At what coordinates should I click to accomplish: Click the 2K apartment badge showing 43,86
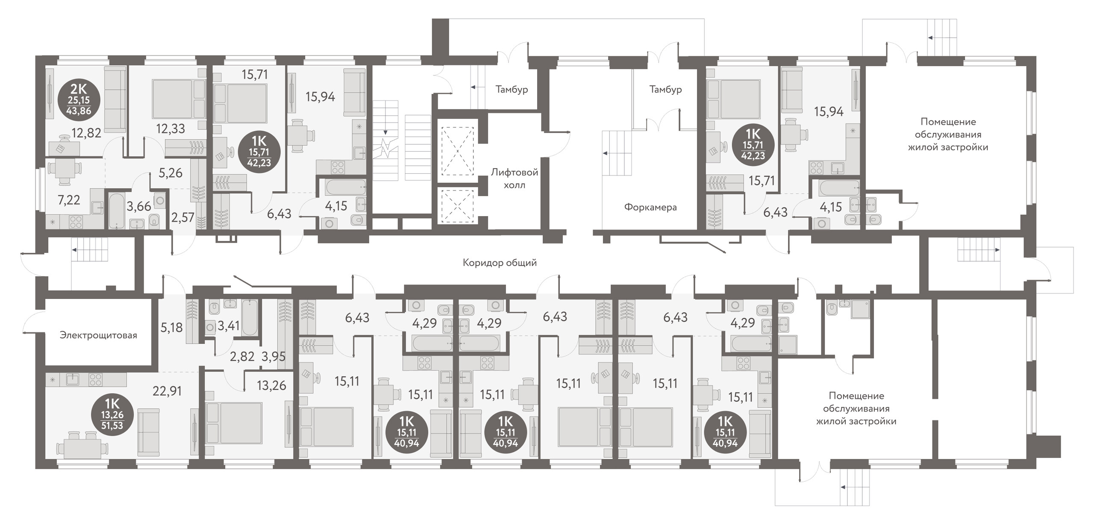pos(79,100)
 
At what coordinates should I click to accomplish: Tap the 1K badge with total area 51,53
pos(112,414)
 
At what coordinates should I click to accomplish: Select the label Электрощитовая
pos(98,335)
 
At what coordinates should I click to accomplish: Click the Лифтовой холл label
pos(514,179)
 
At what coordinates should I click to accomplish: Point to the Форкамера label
pos(650,208)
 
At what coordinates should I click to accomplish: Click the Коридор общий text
pos(500,263)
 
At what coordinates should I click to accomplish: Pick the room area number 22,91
pos(167,391)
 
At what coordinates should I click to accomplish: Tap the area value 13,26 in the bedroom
pos(271,386)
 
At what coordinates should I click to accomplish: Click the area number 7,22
pos(69,200)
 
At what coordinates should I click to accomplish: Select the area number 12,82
pos(87,133)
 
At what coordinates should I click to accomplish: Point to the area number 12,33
pos(170,129)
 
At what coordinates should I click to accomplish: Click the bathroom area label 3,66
pos(139,207)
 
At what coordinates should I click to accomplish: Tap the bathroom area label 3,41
pos(229,326)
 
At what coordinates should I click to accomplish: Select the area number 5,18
pos(171,328)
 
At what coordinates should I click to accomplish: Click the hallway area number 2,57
pos(183,217)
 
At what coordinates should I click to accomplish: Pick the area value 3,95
pos(273,356)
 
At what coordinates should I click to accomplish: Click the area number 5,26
pos(171,173)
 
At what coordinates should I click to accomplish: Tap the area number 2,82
pos(242,356)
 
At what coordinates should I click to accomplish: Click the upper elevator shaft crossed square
pos(457,151)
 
